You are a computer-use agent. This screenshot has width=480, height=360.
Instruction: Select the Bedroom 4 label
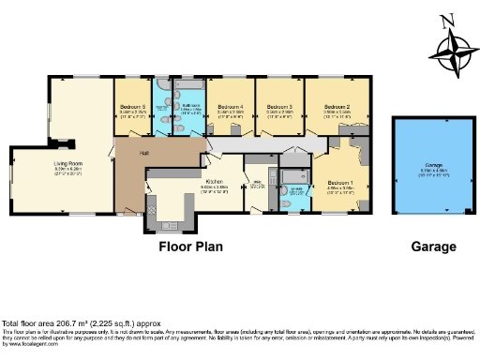(x=231, y=108)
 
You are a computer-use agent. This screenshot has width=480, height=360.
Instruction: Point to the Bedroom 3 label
(x=279, y=108)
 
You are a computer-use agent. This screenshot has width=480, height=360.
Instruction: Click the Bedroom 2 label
(x=337, y=108)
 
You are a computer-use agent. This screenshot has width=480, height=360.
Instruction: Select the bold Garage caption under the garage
(x=433, y=247)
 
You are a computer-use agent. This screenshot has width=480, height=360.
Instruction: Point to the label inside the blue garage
(x=432, y=168)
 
